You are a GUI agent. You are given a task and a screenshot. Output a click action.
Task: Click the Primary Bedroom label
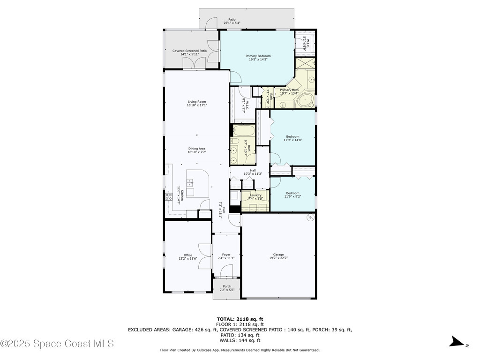pos(258,56)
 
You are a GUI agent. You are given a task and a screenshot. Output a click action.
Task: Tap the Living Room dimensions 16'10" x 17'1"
pos(197,105)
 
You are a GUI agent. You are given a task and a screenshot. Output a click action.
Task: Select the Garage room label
pos(278,255)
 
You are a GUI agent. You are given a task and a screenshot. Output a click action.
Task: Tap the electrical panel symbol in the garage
pos(309,217)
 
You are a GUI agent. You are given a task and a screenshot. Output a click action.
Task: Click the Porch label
pos(227,286)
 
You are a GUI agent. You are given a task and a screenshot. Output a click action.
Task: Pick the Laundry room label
pos(255,195)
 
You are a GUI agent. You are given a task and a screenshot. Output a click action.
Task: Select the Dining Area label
pos(197,149)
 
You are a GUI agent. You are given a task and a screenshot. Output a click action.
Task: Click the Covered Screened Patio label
pos(189,51)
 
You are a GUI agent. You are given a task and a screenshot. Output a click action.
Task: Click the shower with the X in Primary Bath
pos(305,63)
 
